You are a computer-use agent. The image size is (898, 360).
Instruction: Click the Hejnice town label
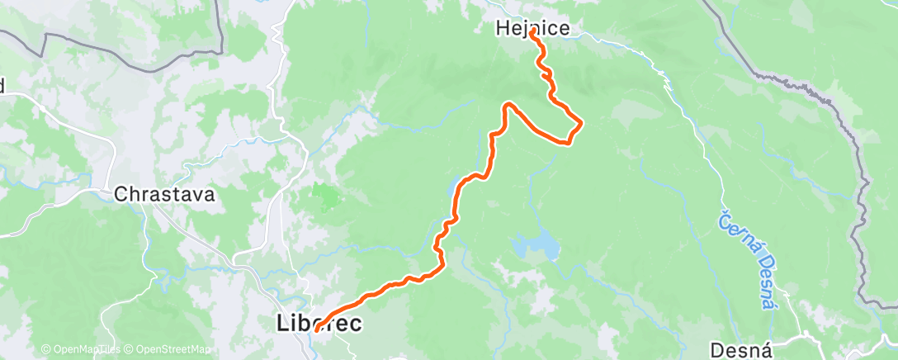(532, 28)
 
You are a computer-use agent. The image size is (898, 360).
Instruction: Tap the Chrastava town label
(165, 196)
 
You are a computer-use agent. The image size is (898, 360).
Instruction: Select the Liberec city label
(318, 324)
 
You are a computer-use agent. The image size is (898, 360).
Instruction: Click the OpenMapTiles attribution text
(85, 350)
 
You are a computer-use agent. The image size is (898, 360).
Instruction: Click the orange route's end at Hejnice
(532, 31)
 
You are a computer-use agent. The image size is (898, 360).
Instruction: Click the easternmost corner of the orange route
(582, 124)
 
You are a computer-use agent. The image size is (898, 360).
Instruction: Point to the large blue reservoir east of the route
(535, 246)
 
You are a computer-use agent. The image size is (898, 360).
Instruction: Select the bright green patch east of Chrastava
(327, 197)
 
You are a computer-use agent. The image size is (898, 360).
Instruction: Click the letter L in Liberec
(281, 324)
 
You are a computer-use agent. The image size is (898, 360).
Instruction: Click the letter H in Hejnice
(501, 28)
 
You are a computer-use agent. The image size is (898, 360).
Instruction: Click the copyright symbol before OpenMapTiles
(46, 350)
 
